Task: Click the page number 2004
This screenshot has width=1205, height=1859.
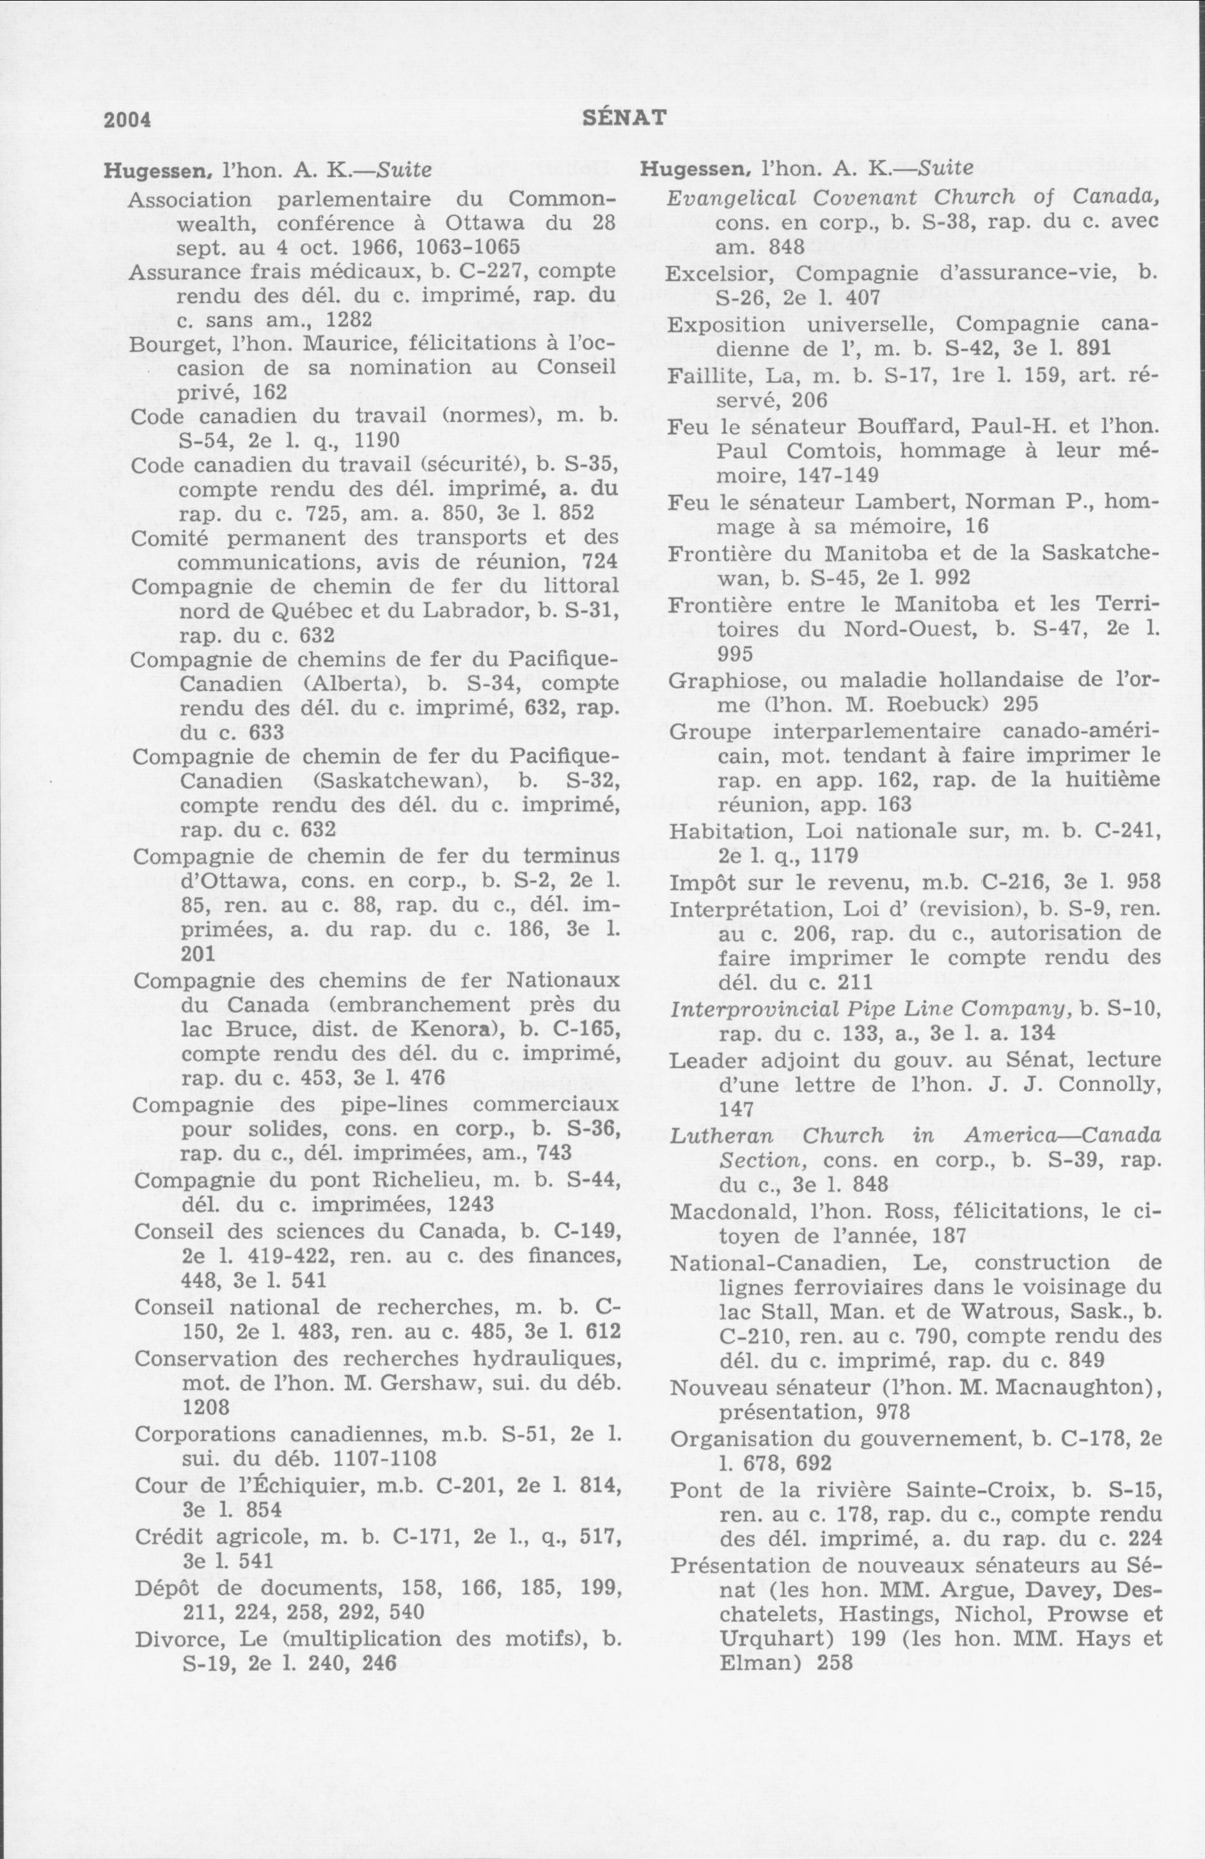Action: point(127,119)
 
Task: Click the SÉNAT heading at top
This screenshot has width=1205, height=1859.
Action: point(625,117)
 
